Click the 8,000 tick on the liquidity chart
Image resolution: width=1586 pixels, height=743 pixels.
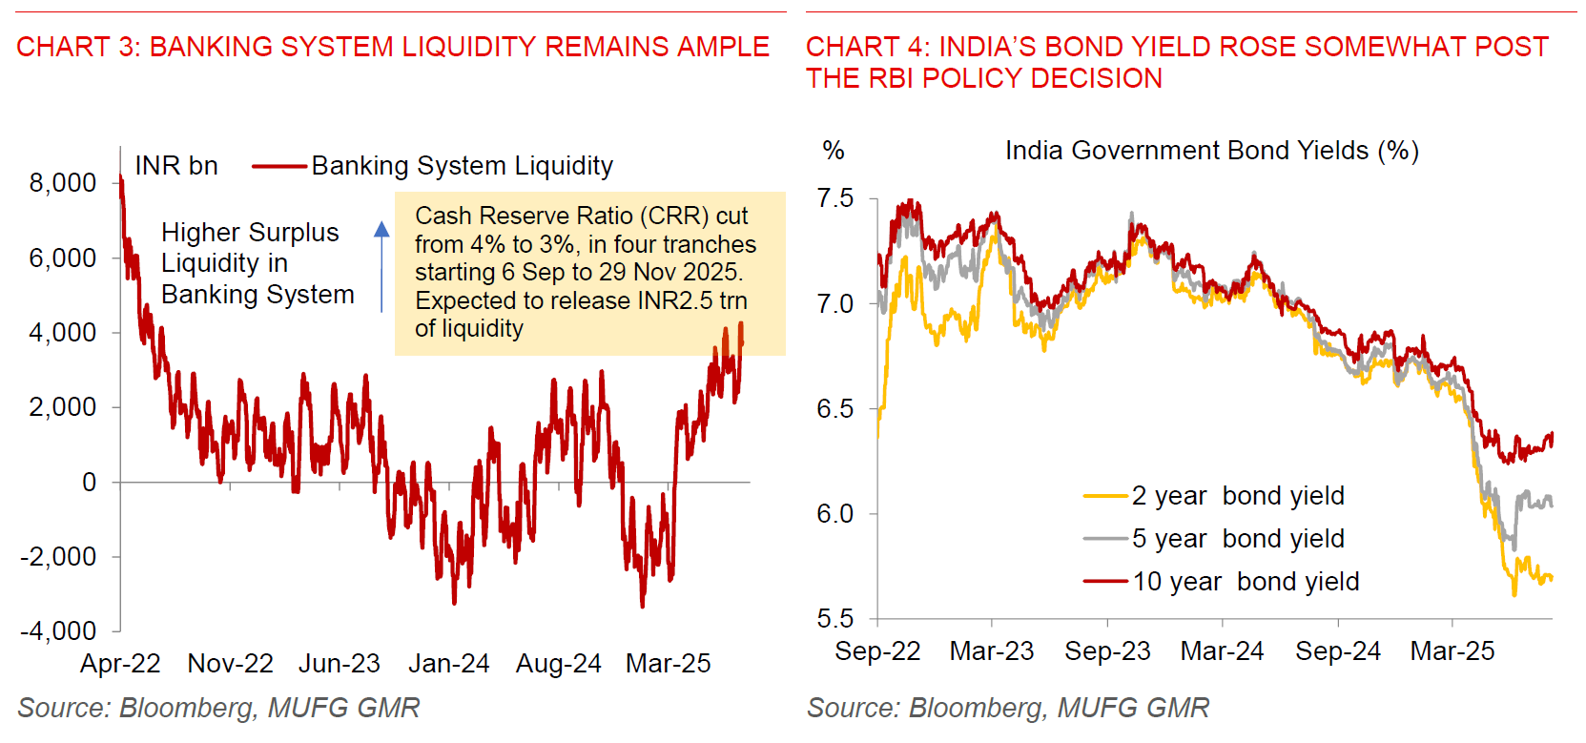[x=63, y=183]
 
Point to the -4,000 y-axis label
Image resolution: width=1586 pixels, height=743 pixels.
[x=59, y=631]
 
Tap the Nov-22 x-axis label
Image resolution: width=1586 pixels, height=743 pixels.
[x=230, y=664]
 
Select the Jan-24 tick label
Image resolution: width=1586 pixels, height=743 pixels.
[x=448, y=664]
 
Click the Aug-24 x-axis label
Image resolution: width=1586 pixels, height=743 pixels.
[x=558, y=664]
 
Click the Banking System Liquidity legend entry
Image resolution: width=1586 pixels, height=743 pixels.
[x=462, y=166]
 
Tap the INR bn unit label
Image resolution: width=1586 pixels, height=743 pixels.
[x=176, y=166]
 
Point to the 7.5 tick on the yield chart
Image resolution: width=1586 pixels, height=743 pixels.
[x=834, y=198]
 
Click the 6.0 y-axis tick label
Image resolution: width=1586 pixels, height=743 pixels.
[x=834, y=514]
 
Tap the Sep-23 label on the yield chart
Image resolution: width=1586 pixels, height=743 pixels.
[x=1107, y=651]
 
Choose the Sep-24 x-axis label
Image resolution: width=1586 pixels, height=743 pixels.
[x=1337, y=651]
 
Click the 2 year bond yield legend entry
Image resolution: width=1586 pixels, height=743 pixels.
[x=1237, y=496]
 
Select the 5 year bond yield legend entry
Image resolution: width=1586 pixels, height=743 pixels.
[x=1237, y=539]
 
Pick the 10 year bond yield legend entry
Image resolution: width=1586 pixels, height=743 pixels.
[x=1245, y=582]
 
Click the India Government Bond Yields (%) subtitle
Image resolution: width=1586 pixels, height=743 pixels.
[x=1211, y=151]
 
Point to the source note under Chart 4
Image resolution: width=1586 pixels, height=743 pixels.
[x=1007, y=708]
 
